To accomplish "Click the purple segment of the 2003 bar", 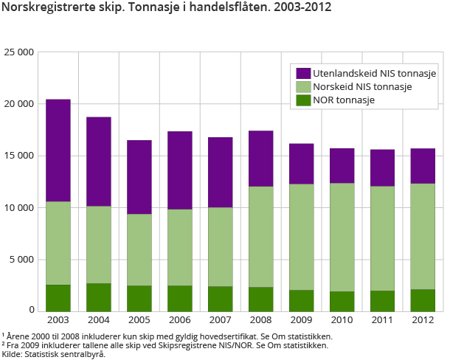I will (58, 150).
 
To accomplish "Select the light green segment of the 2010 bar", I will (342, 237).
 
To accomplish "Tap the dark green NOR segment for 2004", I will (99, 297).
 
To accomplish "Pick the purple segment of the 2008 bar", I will (261, 159).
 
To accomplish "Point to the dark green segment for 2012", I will (423, 300).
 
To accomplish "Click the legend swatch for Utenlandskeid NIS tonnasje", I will (302, 74).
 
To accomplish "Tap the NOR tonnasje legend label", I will (344, 100).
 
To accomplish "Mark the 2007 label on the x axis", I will (221, 320).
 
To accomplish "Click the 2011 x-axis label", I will (382, 320).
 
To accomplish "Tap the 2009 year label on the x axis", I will (301, 320).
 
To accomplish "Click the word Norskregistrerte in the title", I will (44, 8).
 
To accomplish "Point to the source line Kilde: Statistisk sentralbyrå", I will (53, 354).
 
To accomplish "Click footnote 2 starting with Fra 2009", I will (165, 345).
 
